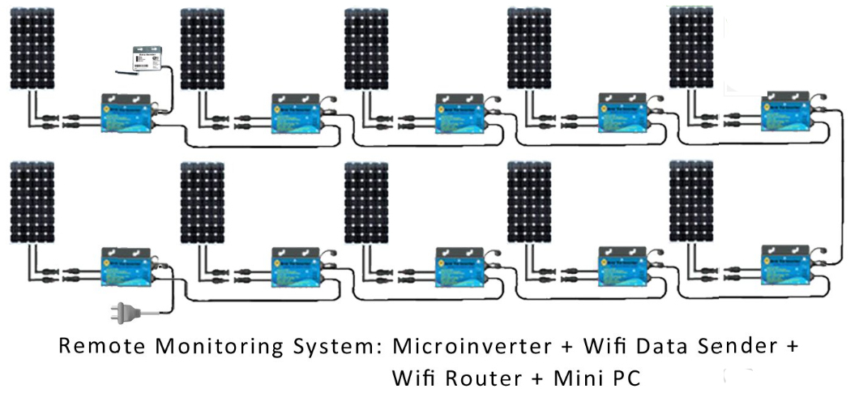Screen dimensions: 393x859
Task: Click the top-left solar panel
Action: click(32, 49)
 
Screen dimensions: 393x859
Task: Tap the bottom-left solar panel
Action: click(32, 203)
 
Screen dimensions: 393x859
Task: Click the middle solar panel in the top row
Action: click(365, 49)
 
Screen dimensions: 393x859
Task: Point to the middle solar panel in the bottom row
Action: click(365, 203)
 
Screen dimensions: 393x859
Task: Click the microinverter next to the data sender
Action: click(125, 113)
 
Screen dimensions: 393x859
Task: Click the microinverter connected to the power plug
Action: click(125, 267)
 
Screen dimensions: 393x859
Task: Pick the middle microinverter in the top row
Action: click(459, 113)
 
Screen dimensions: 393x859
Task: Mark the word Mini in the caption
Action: click(579, 378)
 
